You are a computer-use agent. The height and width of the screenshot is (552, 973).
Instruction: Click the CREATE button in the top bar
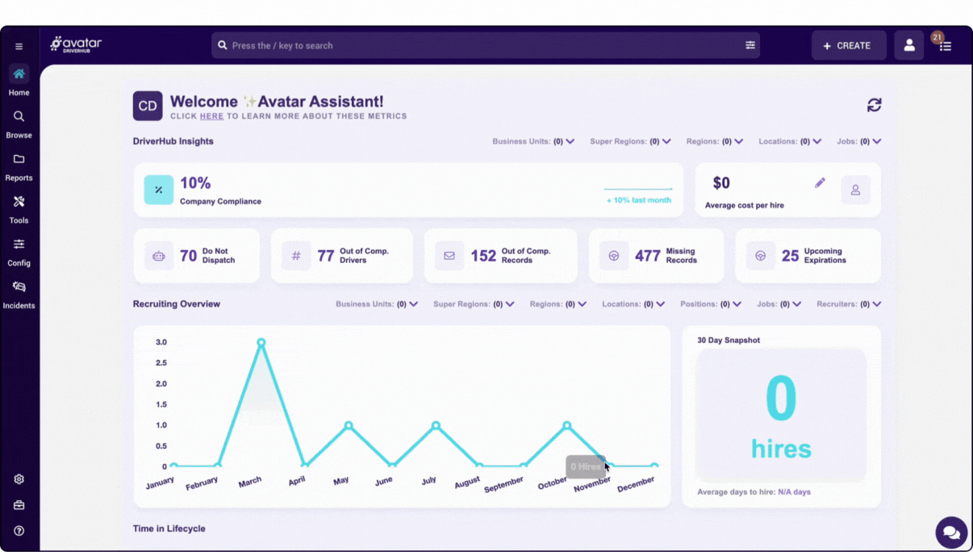tap(848, 46)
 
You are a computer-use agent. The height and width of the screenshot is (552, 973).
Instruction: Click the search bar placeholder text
tap(282, 46)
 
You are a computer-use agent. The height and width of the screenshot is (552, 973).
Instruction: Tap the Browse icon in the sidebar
tap(19, 117)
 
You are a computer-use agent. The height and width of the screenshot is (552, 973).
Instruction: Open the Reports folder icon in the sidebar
tap(19, 160)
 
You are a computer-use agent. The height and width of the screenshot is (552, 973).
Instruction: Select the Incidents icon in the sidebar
tap(19, 287)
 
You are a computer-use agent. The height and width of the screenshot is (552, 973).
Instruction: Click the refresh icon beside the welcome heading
tap(874, 105)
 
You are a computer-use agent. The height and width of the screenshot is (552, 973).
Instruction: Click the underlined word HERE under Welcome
tap(211, 116)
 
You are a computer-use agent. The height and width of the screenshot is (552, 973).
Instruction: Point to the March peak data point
tap(261, 342)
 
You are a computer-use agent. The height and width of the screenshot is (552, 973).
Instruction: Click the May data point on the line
tap(349, 425)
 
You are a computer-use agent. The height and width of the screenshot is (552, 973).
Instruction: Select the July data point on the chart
tap(436, 425)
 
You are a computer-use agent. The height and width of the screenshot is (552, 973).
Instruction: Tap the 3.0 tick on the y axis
tap(161, 342)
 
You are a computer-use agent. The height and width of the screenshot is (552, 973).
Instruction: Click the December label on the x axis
tap(636, 483)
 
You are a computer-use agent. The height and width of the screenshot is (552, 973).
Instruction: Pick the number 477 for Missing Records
tap(647, 256)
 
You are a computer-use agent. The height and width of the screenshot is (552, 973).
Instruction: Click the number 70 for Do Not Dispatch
tap(188, 256)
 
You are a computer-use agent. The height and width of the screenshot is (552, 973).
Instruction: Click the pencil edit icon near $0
tap(820, 183)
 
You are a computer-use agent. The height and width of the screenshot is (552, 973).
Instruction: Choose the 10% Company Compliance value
tap(195, 183)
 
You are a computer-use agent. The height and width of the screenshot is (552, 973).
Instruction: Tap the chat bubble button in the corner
tap(951, 533)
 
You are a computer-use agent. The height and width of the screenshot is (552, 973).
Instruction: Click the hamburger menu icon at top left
tap(19, 47)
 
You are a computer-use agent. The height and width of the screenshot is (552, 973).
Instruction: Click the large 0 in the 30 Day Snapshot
tap(781, 398)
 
